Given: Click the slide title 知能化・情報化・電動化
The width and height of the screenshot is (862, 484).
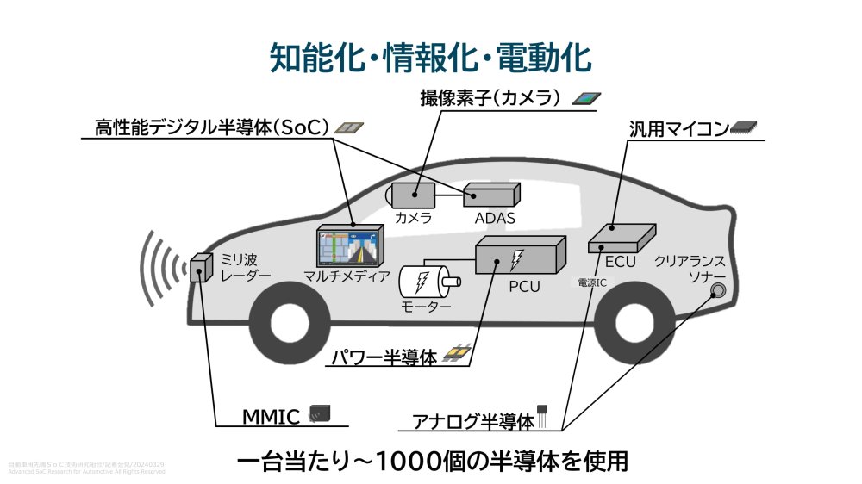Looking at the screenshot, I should click(430, 58).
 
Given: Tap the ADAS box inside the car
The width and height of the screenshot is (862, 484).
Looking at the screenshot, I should click(491, 195).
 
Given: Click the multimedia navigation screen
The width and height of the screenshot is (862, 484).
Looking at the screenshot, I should click(350, 247).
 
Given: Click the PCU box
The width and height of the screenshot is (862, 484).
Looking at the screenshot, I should click(521, 255).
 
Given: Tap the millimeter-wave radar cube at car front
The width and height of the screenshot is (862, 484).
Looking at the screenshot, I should click(201, 270).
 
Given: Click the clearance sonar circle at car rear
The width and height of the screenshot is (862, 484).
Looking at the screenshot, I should click(716, 291).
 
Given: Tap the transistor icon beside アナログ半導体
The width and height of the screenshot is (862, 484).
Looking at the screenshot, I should click(544, 416).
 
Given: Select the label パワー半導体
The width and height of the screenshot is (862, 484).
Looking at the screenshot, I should click(385, 356).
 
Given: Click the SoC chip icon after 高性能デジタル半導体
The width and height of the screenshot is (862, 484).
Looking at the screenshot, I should click(347, 127).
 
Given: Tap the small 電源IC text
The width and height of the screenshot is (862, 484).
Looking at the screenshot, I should click(592, 282).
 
